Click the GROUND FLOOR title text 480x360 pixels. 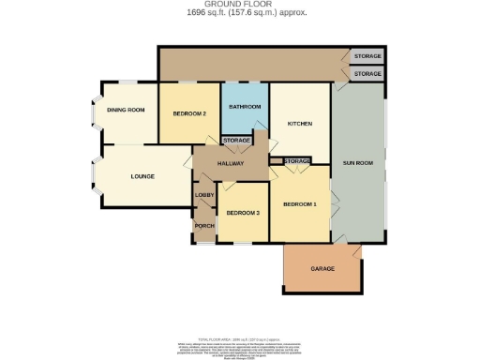pos(239,4)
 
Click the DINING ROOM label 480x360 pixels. pos(127,111)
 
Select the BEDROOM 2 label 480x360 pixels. pos(189,113)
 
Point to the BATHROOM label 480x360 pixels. pos(245,107)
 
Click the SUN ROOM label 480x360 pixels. pos(358,163)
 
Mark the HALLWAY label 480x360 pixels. pos(231,163)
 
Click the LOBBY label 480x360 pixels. pos(204,195)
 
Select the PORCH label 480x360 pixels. pos(204,226)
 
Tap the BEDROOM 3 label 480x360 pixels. pos(242,213)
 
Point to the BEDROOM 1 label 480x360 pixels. pos(300,203)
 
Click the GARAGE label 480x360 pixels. pos(322,269)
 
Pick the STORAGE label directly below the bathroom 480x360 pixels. pos(236,141)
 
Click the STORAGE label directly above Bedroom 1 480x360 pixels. pos(296,161)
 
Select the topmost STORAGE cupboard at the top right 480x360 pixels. pos(367,57)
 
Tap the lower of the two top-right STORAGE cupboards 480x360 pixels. pos(367,73)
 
